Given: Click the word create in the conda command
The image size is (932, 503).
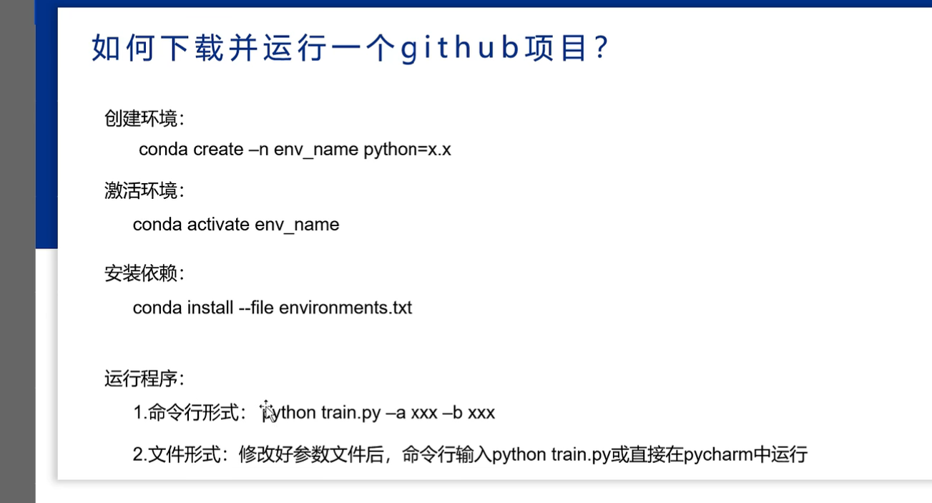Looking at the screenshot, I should [218, 150].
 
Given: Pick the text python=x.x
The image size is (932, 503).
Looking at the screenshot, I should [407, 150].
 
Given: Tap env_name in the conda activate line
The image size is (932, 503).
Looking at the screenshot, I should [297, 225].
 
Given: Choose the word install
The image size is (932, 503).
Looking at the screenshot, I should [210, 308].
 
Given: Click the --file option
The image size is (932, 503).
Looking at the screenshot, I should [256, 308].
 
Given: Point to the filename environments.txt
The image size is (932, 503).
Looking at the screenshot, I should [345, 308].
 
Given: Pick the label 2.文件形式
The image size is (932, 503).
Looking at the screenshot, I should [175, 454].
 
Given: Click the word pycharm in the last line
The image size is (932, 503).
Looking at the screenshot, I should [718, 454].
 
